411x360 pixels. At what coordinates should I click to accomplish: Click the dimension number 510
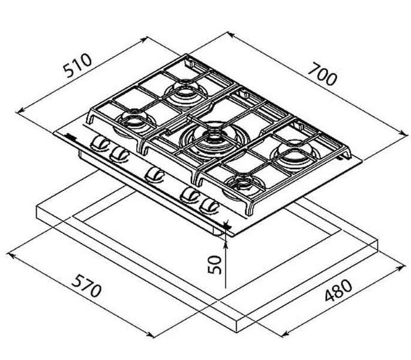78,65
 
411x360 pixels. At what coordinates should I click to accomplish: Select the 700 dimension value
322,75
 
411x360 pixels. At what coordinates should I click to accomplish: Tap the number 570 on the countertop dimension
86,286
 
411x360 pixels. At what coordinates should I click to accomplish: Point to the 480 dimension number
338,290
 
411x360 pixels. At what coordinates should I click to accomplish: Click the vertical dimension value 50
215,265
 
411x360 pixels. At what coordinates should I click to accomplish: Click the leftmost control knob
100,143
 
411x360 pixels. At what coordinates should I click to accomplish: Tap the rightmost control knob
209,206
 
